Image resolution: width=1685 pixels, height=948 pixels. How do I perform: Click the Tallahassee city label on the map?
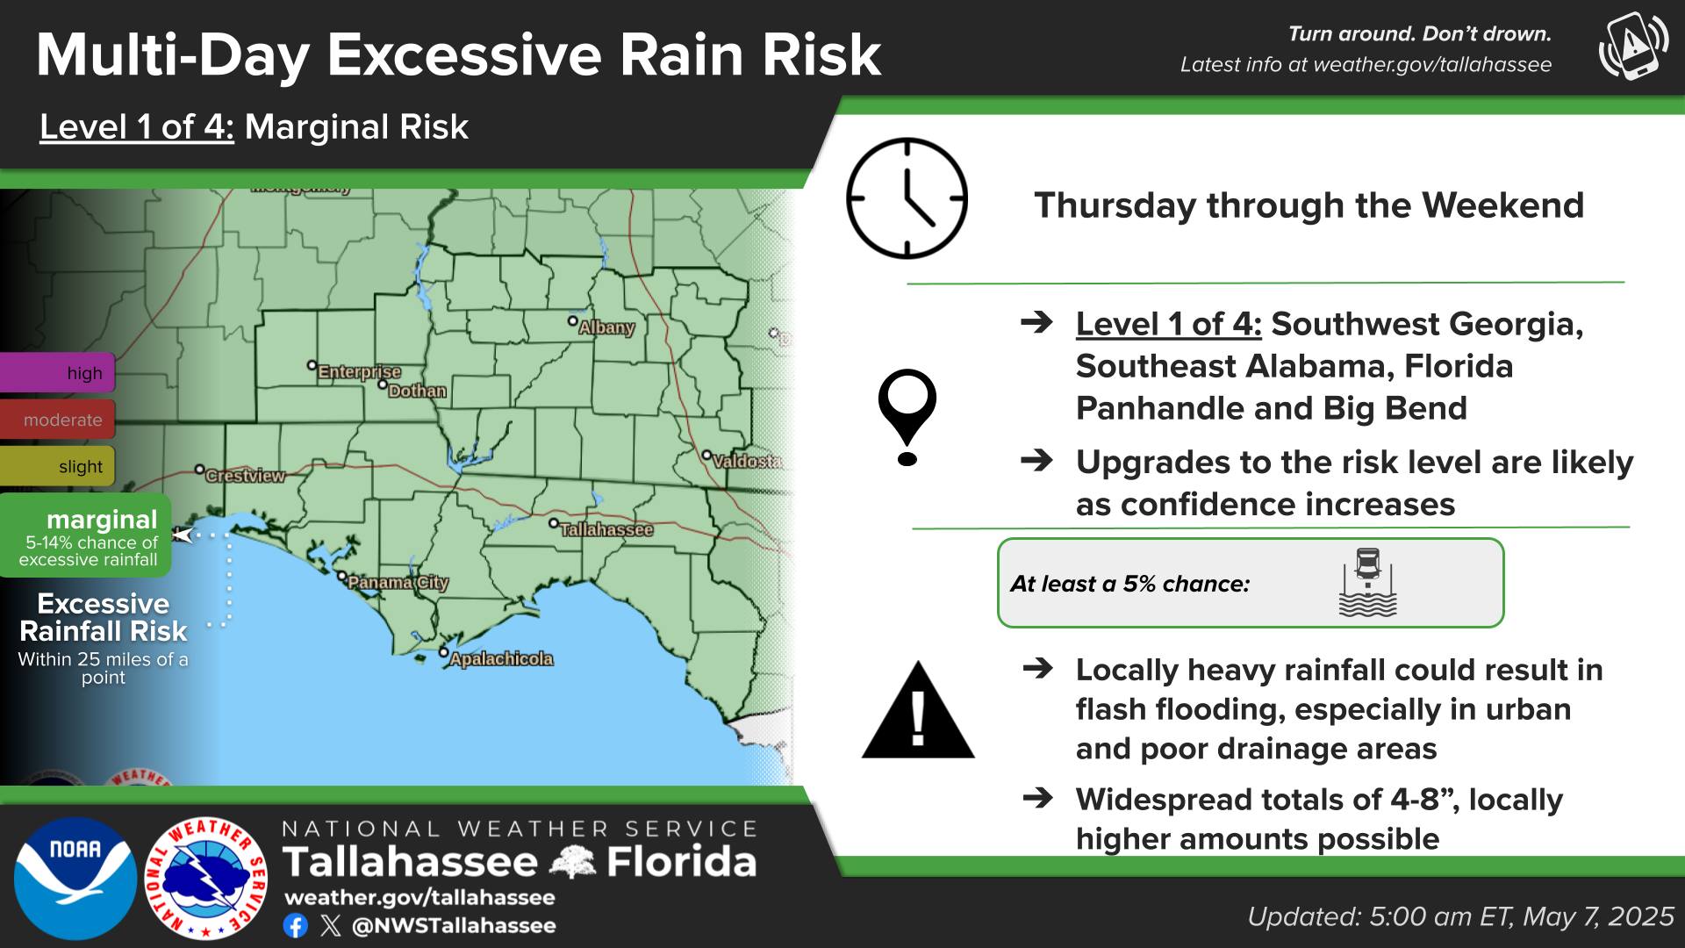(606, 530)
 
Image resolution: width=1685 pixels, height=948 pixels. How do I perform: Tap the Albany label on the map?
(606, 327)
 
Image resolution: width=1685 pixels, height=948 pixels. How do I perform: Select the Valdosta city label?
(747, 461)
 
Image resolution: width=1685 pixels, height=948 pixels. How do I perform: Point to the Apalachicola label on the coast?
(501, 659)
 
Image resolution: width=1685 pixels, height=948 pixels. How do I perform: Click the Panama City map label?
(398, 583)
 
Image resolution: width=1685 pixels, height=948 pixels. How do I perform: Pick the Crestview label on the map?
(245, 476)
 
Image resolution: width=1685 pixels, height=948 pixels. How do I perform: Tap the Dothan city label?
(417, 391)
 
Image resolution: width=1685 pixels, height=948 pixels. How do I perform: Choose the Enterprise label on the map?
(359, 372)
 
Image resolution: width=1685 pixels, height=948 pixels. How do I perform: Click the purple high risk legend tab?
(57, 372)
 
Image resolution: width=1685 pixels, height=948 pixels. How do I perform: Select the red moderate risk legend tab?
(57, 420)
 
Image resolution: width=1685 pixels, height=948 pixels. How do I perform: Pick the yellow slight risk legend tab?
(57, 466)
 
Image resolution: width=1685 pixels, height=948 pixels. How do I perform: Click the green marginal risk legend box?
(85, 535)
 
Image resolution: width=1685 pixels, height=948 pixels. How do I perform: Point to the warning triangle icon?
(918, 709)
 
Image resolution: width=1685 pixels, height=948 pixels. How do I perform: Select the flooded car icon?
(1367, 583)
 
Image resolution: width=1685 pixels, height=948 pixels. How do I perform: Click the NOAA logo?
(75, 878)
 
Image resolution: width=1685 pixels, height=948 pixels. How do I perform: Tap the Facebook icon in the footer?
(296, 925)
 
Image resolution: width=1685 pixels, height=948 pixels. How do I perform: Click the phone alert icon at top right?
(1632, 46)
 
